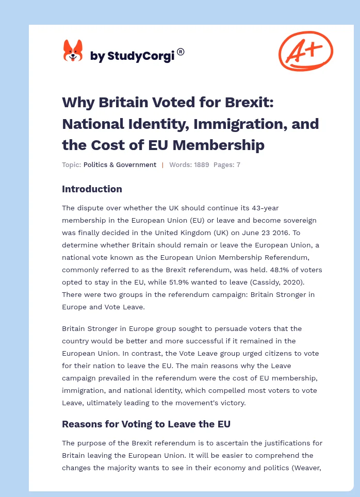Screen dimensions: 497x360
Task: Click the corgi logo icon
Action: (x=73, y=51)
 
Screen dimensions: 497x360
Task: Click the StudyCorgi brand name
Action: (x=133, y=56)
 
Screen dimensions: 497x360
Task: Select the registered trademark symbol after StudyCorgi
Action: (x=181, y=52)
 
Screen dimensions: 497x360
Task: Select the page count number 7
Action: (x=238, y=165)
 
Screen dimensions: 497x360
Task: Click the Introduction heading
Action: (x=92, y=189)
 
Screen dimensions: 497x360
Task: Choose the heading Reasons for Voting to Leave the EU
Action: (x=146, y=424)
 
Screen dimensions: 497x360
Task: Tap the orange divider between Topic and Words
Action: (x=163, y=165)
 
